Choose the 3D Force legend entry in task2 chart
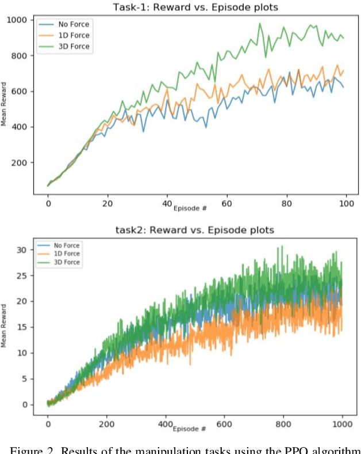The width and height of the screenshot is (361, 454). pos(66,263)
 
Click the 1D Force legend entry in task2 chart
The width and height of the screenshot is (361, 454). pos(66,254)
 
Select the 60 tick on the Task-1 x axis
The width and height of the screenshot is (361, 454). pos(226,204)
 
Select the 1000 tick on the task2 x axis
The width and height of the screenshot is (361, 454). pos(342,424)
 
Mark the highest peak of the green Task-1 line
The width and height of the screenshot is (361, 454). pos(260,24)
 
